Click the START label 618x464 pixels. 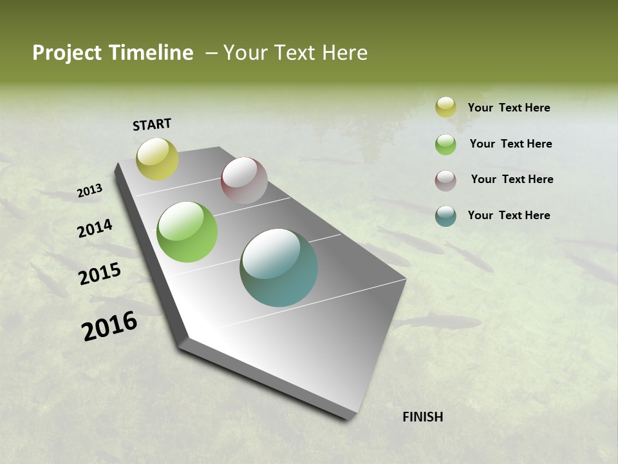click(152, 124)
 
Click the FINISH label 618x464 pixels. click(423, 417)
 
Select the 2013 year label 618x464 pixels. click(90, 191)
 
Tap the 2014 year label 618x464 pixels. click(95, 228)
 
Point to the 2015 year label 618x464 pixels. click(100, 274)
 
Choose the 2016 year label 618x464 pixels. click(109, 325)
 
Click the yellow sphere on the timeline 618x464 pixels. click(157, 159)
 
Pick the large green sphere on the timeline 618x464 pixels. click(187, 232)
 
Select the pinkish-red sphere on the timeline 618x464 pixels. click(244, 180)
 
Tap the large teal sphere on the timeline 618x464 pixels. click(279, 267)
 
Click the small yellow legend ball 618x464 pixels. click(445, 107)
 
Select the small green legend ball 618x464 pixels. click(445, 144)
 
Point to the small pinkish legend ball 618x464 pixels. click(445, 180)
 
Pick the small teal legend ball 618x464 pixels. click(445, 216)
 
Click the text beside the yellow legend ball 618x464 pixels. click(509, 108)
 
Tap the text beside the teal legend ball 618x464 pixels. click(509, 215)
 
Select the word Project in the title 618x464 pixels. click(68, 53)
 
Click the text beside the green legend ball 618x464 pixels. click(510, 144)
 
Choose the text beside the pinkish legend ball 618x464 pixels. click(512, 179)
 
